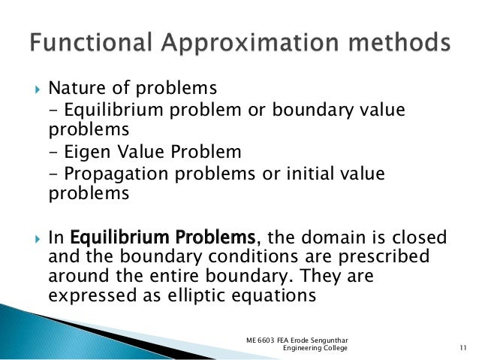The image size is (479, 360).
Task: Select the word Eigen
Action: pyautogui.click(x=91, y=153)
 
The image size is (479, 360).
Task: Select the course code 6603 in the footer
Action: pyautogui.click(x=268, y=340)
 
